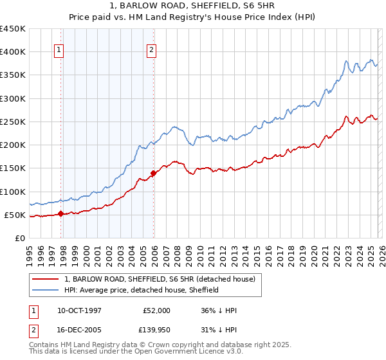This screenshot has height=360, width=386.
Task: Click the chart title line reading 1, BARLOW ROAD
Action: (193, 7)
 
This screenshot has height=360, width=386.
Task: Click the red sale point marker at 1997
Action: (60, 213)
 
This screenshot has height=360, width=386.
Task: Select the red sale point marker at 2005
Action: (154, 173)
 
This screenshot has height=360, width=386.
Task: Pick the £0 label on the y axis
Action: (19, 238)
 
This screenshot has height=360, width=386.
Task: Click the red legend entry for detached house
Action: (160, 279)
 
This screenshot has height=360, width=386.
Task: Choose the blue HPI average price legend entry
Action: (142, 290)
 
